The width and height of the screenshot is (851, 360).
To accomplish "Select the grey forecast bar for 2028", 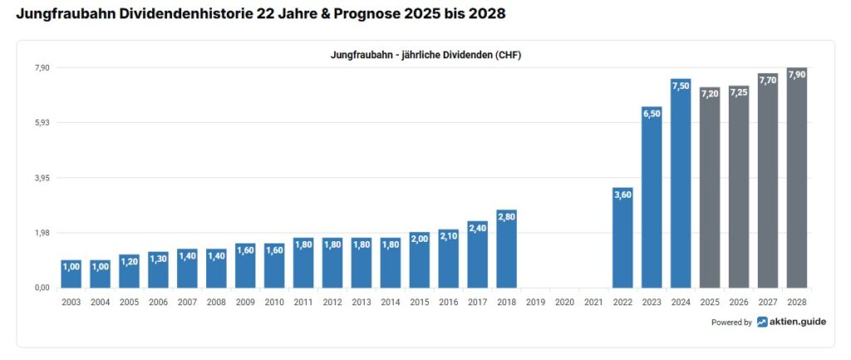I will [x=797, y=178].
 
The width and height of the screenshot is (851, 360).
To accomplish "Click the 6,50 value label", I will [x=652, y=113].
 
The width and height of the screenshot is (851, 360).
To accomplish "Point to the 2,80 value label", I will [x=506, y=216].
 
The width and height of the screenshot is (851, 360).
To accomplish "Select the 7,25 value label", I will [x=739, y=92].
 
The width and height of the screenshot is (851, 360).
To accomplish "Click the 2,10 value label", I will [x=448, y=236].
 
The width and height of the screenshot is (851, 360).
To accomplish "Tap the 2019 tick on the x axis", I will [x=535, y=302].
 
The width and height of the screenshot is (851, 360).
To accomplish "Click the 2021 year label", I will [x=593, y=302].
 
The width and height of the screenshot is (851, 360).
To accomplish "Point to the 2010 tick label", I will [x=274, y=302].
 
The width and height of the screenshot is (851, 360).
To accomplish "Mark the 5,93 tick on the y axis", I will [x=42, y=123].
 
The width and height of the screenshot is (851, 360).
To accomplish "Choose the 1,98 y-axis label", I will [x=42, y=233].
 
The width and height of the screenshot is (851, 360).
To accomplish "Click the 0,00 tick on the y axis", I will [x=42, y=288].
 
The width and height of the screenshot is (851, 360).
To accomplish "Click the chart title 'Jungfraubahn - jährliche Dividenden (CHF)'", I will [x=425, y=55].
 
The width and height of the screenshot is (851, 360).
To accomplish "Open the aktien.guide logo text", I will [x=798, y=322].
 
